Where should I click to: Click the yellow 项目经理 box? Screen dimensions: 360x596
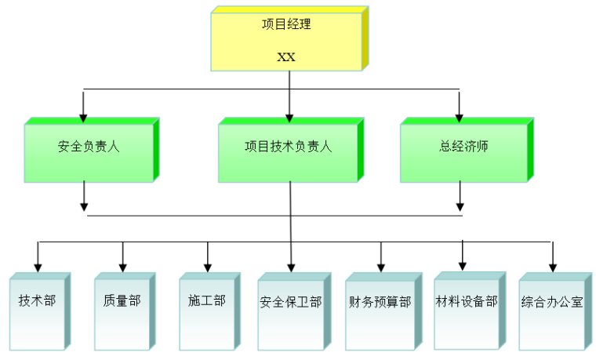(x=286, y=39)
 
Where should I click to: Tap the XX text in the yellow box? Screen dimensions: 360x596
(x=286, y=57)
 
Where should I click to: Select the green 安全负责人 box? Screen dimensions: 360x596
(x=88, y=151)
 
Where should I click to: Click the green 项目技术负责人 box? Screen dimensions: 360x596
(x=288, y=151)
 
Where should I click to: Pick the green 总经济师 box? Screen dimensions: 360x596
(x=463, y=151)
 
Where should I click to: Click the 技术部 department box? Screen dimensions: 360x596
(x=37, y=311)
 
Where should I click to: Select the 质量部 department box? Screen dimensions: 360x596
(x=122, y=311)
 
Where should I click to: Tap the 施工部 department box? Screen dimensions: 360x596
(x=207, y=311)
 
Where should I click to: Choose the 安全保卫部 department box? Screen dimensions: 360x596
(x=291, y=311)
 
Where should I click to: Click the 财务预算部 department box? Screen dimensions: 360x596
(x=380, y=311)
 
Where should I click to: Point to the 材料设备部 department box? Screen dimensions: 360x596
(x=466, y=311)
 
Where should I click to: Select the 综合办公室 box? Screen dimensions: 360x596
(x=552, y=311)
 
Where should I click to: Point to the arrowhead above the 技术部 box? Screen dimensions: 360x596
(x=38, y=267)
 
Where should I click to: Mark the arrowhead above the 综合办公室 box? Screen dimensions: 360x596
(x=553, y=267)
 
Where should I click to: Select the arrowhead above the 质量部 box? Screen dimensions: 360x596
(x=122, y=267)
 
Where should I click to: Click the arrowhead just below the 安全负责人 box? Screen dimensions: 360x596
(x=84, y=207)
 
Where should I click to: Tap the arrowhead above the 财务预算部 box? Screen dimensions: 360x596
(x=381, y=267)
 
